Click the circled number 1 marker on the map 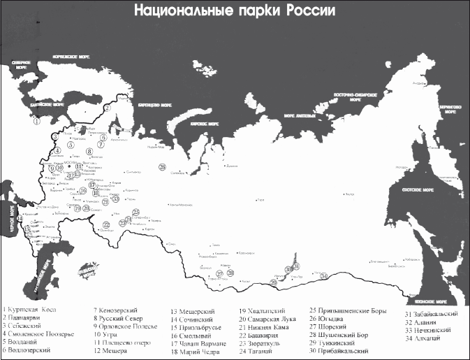(x=36, y=120)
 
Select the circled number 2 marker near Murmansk (x=108, y=108)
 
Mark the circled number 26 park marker (x=161, y=167)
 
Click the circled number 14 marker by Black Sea (x=26, y=229)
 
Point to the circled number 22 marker (x=107, y=225)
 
